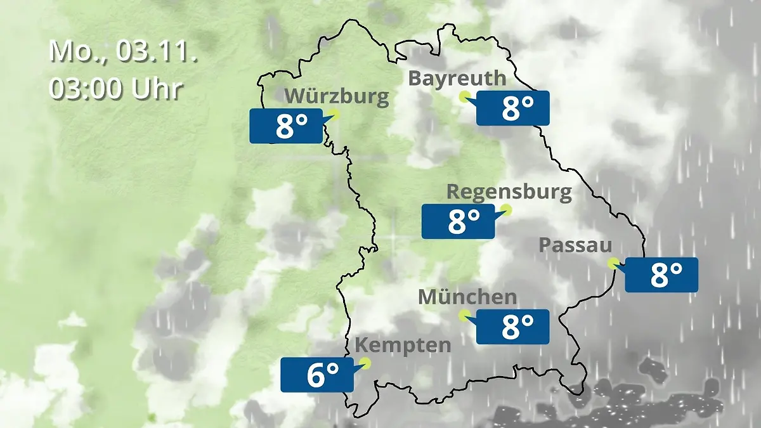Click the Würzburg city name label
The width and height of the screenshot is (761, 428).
pyautogui.click(x=337, y=96)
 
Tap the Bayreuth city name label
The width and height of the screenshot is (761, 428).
pyautogui.click(x=457, y=79)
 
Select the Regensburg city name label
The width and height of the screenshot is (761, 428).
pyautogui.click(x=509, y=191)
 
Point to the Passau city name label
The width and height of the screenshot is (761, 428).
pyautogui.click(x=575, y=245)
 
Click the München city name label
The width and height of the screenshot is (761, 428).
pyautogui.click(x=467, y=297)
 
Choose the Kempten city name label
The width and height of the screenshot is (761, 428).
pyautogui.click(x=403, y=346)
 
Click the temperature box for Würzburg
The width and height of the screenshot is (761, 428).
pyautogui.click(x=285, y=126)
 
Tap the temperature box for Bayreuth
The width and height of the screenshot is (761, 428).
pyautogui.click(x=512, y=108)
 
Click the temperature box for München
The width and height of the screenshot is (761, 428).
pyautogui.click(x=512, y=327)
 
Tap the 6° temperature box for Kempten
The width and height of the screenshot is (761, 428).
pyautogui.click(x=316, y=375)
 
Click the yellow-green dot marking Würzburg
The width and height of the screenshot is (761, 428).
pyautogui.click(x=334, y=114)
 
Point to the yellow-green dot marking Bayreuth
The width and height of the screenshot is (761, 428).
pyautogui.click(x=465, y=96)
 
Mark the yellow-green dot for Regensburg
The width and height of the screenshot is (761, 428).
pyautogui.click(x=506, y=210)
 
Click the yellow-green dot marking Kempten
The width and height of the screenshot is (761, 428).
pyautogui.click(x=365, y=363)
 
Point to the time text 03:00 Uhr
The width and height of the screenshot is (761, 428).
pyautogui.click(x=116, y=89)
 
